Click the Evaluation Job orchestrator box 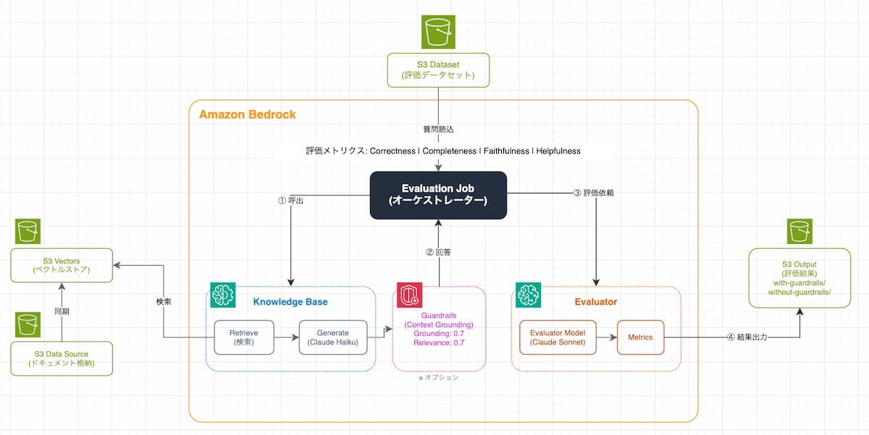point(438,195)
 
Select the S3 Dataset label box point(437,70)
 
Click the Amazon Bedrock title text point(247,115)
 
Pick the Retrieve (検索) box point(244,337)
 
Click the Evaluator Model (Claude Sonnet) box point(558,337)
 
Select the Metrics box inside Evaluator point(640,337)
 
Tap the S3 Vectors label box point(62,265)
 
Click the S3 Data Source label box point(62,358)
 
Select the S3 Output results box point(799,277)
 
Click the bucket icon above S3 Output point(800,232)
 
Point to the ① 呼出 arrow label point(290,201)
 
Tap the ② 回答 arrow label point(439,253)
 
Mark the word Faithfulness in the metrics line point(505,151)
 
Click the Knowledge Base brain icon point(222,295)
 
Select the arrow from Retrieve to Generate point(286,337)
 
